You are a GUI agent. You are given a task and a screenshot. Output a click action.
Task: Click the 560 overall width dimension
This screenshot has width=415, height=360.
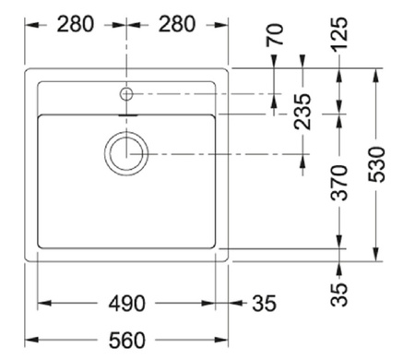click(x=126, y=341)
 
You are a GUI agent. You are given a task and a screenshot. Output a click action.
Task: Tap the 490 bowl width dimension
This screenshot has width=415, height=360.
click(x=126, y=304)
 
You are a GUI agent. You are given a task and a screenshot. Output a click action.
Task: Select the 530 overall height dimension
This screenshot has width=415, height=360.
click(x=376, y=164)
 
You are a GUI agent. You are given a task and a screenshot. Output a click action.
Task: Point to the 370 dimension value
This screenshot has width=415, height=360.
click(x=339, y=183)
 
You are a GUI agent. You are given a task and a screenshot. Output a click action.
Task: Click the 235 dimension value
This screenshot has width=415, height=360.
click(x=302, y=112)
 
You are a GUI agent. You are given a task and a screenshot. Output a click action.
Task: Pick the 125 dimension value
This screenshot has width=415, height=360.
click(x=339, y=33)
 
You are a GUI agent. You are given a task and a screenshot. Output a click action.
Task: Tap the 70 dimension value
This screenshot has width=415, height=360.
click(x=275, y=35)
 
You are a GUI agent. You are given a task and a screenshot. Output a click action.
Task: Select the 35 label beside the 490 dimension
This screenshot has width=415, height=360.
click(x=264, y=304)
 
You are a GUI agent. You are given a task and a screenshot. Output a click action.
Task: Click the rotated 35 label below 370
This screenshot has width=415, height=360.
click(x=339, y=294)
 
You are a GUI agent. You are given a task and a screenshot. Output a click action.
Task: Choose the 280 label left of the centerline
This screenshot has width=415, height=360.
click(x=76, y=24)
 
